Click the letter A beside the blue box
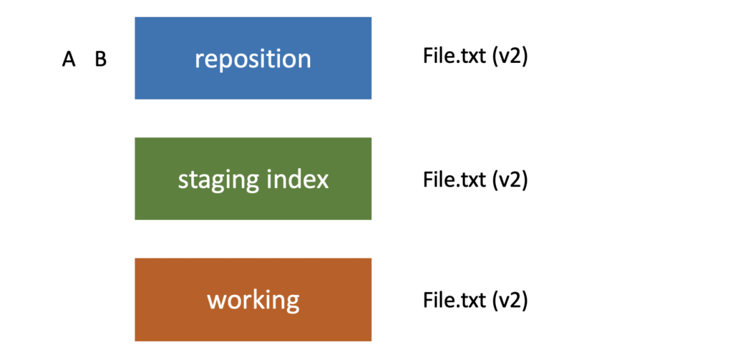69,59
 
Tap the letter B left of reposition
101,59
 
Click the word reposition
253,59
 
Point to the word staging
218,180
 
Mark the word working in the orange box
253,300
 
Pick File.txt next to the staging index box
454,178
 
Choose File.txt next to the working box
454,299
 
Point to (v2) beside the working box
509,299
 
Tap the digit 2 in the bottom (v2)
517,299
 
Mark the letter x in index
322,180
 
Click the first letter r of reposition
199,59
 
